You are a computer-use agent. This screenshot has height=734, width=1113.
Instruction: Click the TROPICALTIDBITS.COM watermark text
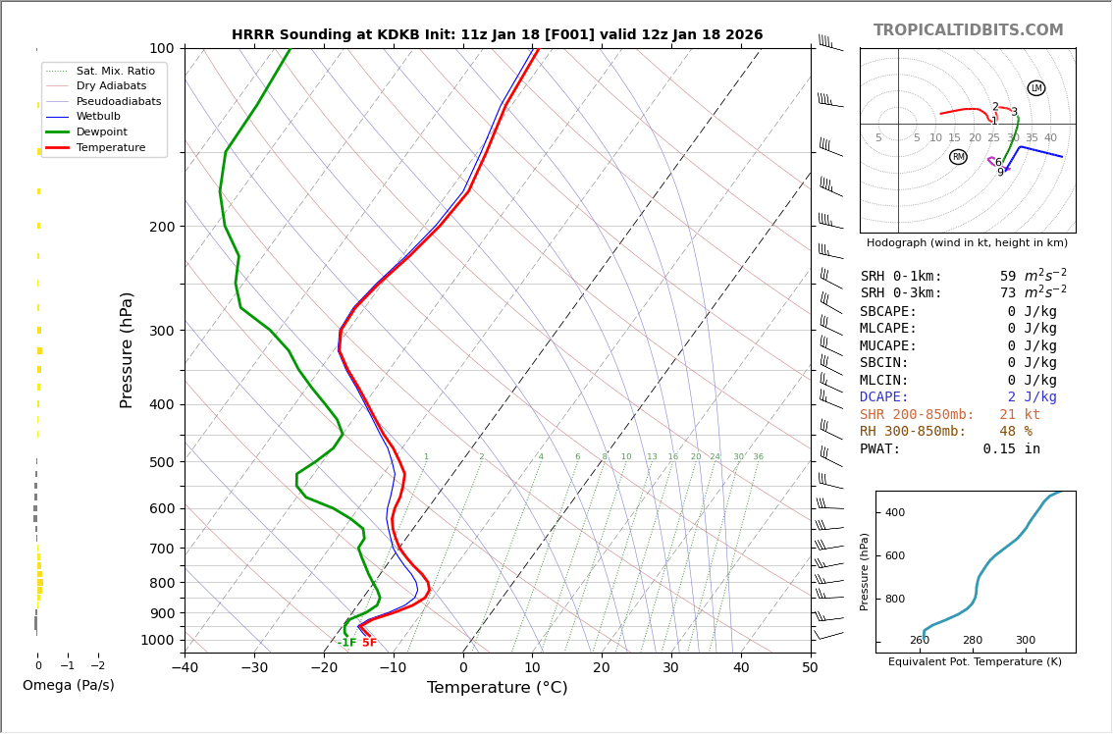tap(968, 30)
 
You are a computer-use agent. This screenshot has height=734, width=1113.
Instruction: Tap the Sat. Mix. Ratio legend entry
tap(115, 71)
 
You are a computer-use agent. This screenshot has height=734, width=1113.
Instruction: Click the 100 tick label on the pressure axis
tap(161, 48)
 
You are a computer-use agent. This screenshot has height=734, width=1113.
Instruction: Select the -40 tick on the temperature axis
tap(185, 668)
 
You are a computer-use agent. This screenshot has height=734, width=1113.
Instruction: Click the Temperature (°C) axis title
tap(497, 688)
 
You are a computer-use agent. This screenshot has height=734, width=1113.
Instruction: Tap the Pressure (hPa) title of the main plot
tap(128, 349)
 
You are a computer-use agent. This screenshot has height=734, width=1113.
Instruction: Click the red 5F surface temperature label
tap(369, 644)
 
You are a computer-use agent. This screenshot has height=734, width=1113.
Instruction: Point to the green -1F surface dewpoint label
tap(347, 644)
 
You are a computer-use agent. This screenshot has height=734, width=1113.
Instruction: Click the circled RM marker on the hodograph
tap(958, 157)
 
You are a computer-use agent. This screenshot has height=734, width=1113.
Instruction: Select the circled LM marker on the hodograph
tap(1036, 88)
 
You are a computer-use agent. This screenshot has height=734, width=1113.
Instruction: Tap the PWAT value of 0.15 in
tap(1011, 449)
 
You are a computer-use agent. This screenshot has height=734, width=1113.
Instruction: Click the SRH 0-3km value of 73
tap(1008, 293)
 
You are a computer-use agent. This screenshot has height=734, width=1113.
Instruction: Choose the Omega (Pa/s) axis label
tap(69, 685)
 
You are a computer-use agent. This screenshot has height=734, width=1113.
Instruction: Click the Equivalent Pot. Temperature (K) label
tap(975, 661)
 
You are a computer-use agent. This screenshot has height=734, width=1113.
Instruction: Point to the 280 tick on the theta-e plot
tap(973, 641)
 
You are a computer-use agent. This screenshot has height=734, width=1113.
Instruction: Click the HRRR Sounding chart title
tap(497, 34)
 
